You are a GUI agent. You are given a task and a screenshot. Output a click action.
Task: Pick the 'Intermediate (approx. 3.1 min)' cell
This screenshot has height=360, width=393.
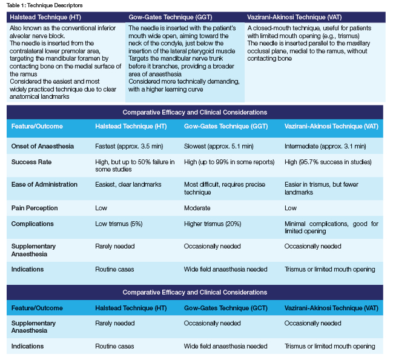(325, 146)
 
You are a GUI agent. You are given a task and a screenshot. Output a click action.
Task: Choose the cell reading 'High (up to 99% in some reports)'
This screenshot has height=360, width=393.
(229, 162)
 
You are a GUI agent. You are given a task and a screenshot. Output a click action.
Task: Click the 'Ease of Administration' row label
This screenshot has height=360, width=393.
(44, 184)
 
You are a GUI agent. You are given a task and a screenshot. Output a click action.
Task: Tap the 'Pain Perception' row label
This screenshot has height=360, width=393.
(35, 208)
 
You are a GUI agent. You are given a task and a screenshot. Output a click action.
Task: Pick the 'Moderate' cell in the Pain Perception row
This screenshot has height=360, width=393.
(197, 208)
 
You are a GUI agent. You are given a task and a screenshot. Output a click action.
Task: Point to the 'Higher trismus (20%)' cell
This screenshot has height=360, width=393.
(213, 224)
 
